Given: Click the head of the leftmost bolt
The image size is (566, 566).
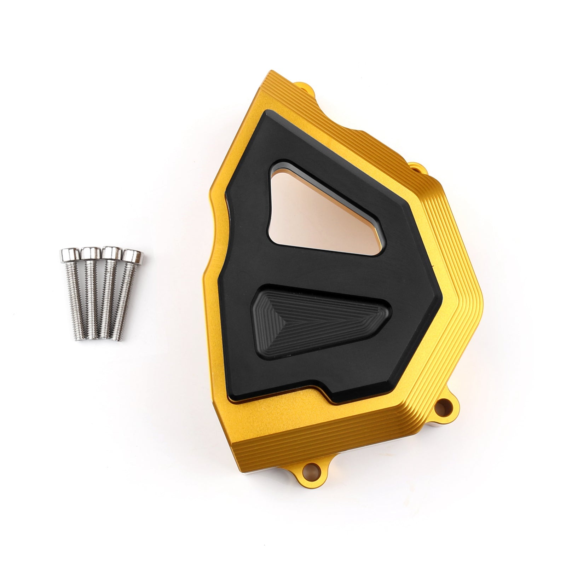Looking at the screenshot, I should [68, 254].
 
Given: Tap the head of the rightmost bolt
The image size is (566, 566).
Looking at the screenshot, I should [132, 254].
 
